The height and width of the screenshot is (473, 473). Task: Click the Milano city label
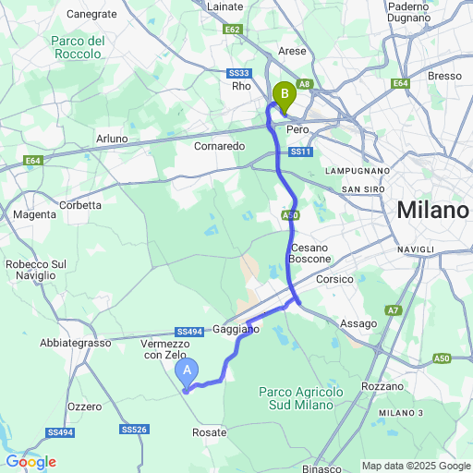432,211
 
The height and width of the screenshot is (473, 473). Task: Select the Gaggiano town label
236,329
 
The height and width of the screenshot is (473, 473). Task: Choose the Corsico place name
334,279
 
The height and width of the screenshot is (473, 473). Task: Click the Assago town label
358,323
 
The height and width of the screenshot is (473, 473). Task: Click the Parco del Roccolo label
77,47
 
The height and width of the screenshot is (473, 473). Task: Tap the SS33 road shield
239,73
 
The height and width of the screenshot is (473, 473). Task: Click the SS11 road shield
300,152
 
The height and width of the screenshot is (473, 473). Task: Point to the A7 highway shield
394,310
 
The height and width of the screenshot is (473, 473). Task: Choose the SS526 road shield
134,429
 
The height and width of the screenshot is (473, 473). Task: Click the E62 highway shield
232,30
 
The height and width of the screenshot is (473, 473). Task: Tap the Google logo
30,462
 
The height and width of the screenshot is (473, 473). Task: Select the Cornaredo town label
220,146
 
